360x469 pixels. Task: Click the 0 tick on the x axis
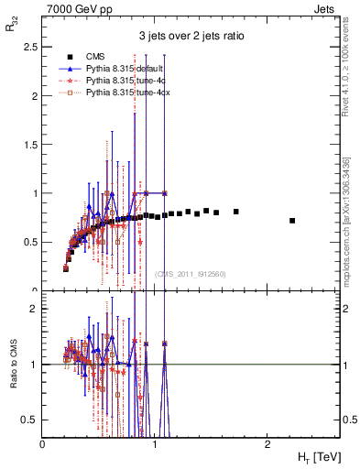point(43,444)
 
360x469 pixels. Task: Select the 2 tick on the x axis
point(267,444)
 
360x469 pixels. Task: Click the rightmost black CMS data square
point(292,221)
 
